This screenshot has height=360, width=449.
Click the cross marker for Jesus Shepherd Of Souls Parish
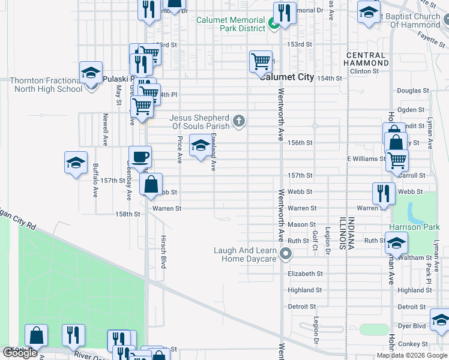click(x=239, y=122)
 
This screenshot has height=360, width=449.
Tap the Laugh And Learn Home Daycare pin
click(x=286, y=254)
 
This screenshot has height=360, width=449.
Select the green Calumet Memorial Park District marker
click(x=273, y=24)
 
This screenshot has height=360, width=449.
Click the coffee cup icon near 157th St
click(x=140, y=158)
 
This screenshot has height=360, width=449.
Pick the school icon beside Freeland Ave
click(x=200, y=146)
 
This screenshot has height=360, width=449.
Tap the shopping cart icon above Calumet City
click(x=261, y=61)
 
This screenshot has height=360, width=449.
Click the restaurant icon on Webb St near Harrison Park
click(x=382, y=193)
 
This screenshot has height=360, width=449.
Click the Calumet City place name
click(x=286, y=77)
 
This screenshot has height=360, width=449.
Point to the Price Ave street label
click(x=179, y=149)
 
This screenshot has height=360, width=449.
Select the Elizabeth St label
click(x=305, y=274)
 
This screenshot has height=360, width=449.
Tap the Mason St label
click(x=298, y=224)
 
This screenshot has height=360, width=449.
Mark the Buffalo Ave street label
click(x=95, y=181)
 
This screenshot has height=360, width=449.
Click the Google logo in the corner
click(x=20, y=353)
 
